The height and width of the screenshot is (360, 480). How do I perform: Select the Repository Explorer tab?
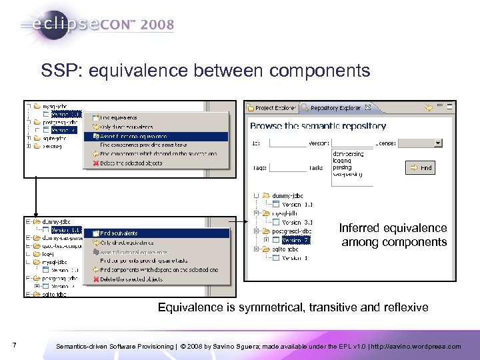pos(335,107)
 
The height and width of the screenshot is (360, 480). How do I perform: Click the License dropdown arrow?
pos(437,142)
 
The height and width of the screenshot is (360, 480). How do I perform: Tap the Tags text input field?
pos(288,168)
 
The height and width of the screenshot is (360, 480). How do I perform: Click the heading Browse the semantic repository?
pos(317,126)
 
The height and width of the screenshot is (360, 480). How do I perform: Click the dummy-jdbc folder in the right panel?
pos(287,195)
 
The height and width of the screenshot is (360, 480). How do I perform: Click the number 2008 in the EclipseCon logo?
pos(157,25)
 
